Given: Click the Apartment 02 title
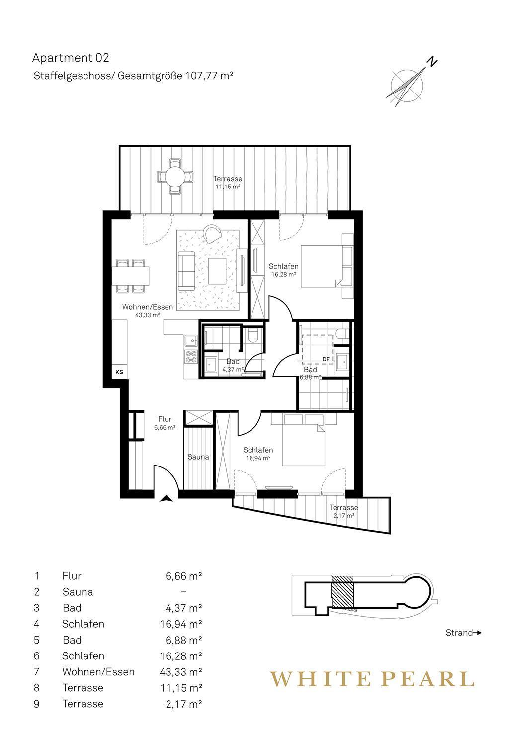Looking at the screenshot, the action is (x=71, y=58).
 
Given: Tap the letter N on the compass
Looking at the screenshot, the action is (x=432, y=62).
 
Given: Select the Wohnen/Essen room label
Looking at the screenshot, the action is (x=148, y=307).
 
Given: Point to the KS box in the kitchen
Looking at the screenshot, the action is (x=119, y=372).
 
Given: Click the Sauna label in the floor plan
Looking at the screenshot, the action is (x=198, y=457).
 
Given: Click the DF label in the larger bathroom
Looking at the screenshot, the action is (x=326, y=359).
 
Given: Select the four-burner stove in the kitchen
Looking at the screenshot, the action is (x=191, y=357).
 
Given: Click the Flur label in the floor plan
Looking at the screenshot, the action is (x=165, y=420).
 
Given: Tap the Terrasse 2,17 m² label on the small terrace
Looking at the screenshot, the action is (x=343, y=512).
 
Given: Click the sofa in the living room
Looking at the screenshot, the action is (x=186, y=271).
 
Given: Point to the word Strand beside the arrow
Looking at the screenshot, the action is (x=459, y=633).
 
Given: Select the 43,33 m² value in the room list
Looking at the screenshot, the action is (x=181, y=672).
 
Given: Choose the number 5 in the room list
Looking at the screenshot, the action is (x=37, y=640).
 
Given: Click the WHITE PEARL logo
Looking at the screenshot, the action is (x=372, y=679).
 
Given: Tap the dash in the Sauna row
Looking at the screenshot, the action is (x=184, y=592).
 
